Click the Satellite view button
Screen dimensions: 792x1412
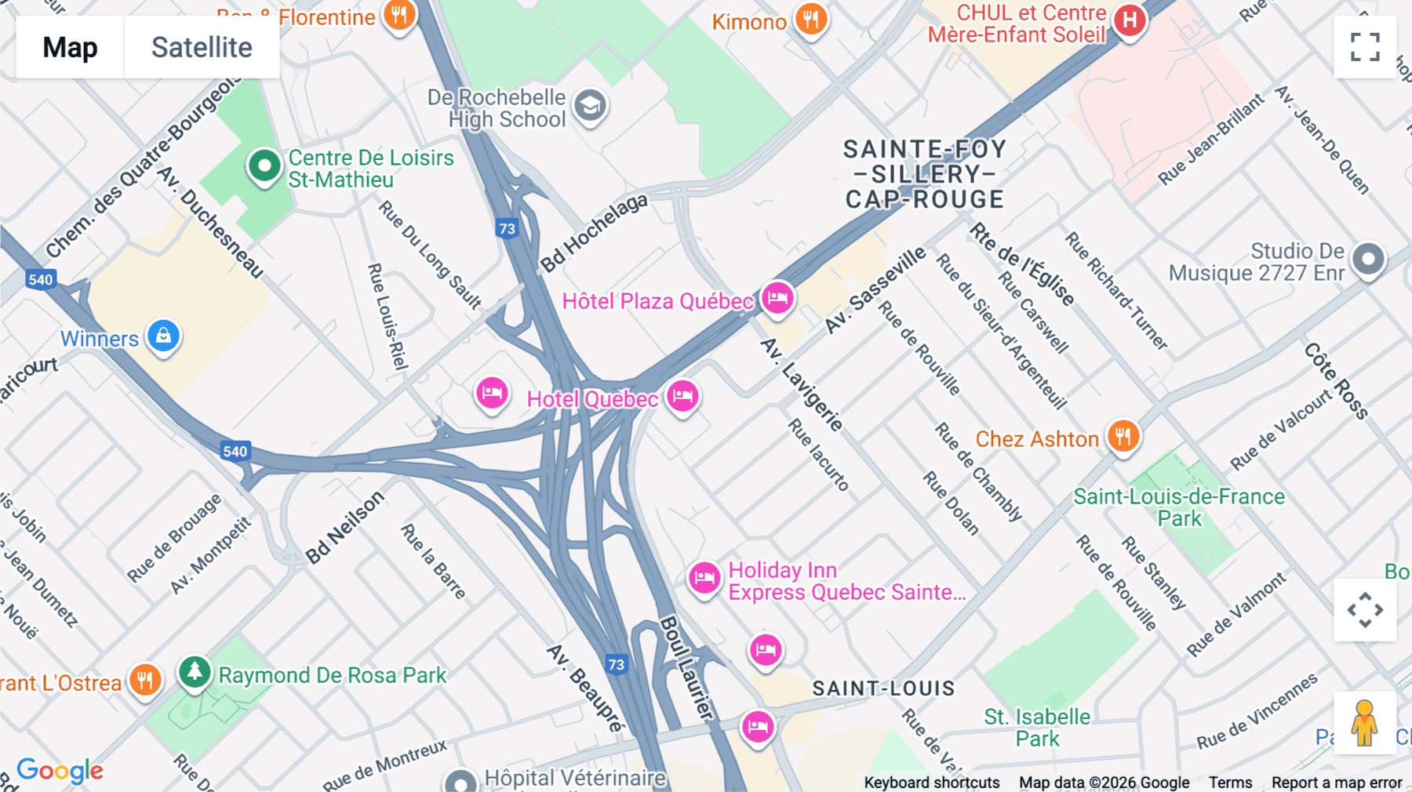coord(202,47)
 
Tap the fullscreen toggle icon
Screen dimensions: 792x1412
coord(1365,47)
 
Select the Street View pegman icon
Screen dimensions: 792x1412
coord(1364,722)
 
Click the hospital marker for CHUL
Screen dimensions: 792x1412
coord(1130,20)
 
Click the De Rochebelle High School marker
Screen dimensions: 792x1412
coord(590,105)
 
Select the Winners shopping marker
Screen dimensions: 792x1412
coord(163,336)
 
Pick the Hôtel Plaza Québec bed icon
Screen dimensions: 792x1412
coord(777,298)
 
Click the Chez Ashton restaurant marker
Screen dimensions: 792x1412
coord(1123,436)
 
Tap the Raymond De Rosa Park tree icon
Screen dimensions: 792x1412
coord(195,672)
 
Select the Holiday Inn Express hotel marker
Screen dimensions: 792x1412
coord(704,579)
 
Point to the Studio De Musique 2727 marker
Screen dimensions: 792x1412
coord(1368,259)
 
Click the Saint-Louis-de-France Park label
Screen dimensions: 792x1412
coord(1178,507)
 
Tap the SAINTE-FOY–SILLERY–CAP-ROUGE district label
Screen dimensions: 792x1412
coord(924,174)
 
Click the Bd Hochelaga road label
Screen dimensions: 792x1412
coord(595,232)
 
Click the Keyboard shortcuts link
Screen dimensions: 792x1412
coord(931,782)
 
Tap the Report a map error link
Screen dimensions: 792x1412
coord(1336,782)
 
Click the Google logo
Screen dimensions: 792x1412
coord(60,770)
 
